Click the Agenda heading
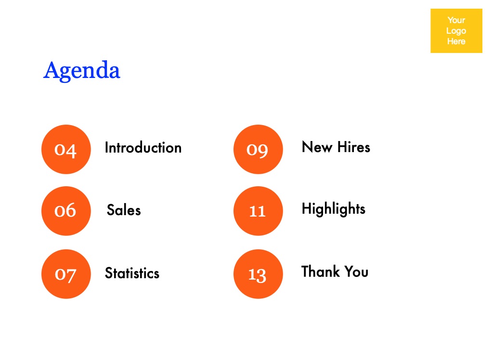(x=82, y=71)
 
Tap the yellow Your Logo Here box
(x=456, y=31)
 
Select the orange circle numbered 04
(x=66, y=149)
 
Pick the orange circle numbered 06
(x=66, y=211)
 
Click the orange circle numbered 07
(x=66, y=274)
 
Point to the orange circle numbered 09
(x=258, y=149)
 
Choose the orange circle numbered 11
(x=258, y=211)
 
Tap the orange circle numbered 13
(x=258, y=274)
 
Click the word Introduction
(x=143, y=147)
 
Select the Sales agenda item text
(x=124, y=210)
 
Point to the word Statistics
(x=132, y=273)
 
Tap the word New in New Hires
(x=317, y=147)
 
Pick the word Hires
(x=354, y=147)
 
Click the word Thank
(x=321, y=271)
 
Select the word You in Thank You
(x=356, y=271)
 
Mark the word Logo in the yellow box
(x=456, y=31)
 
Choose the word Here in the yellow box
(x=456, y=41)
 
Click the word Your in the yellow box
(x=456, y=20)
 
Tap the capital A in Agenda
(x=51, y=70)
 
